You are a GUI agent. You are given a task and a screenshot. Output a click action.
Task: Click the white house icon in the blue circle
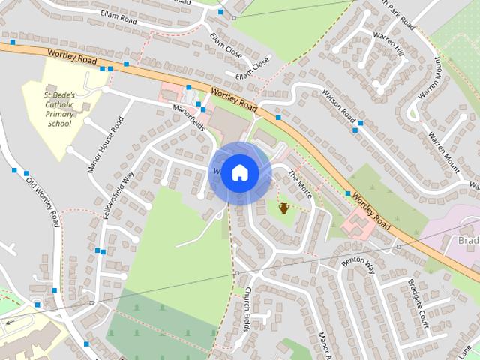point(239,173)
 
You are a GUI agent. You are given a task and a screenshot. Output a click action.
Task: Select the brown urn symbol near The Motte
point(284,208)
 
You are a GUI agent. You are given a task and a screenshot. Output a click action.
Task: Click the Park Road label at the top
point(398,13)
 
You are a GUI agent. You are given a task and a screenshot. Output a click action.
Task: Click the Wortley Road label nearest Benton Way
point(371,212)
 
